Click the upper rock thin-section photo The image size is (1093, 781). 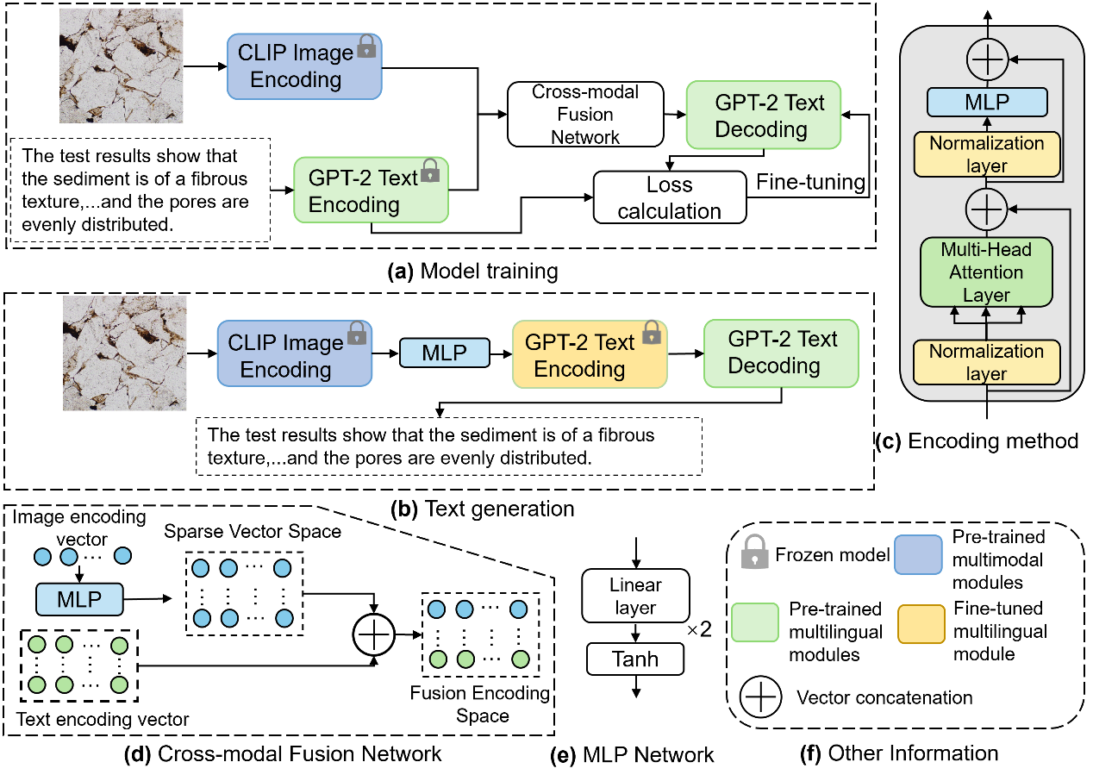point(122,66)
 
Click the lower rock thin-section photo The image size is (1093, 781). point(125,353)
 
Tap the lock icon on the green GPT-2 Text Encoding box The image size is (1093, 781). point(429,171)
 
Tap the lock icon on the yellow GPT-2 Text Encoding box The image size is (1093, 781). point(652,332)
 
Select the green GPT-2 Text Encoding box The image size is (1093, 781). point(371,191)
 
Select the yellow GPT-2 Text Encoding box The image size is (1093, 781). point(590,355)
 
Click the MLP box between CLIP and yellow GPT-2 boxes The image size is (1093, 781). point(445,353)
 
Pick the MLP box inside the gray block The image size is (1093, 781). point(987,103)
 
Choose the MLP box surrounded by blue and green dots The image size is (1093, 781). point(79,599)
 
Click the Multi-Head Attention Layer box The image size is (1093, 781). point(987,272)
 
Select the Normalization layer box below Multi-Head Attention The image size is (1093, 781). point(987,363)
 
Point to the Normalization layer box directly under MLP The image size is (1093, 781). point(987,155)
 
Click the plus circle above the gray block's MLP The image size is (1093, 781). point(987,60)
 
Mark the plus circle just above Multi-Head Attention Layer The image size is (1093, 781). point(987,209)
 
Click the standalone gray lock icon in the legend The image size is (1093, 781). point(755,553)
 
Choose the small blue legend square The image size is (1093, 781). point(918,554)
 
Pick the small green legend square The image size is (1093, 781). point(755,622)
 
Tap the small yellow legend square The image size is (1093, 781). point(921,624)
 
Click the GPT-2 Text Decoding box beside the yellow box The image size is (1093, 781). point(781,353)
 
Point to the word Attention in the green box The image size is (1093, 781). point(987,272)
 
